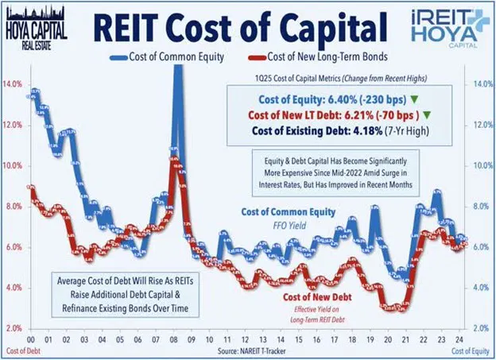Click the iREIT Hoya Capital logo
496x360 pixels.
448,25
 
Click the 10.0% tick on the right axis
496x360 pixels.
482,166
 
